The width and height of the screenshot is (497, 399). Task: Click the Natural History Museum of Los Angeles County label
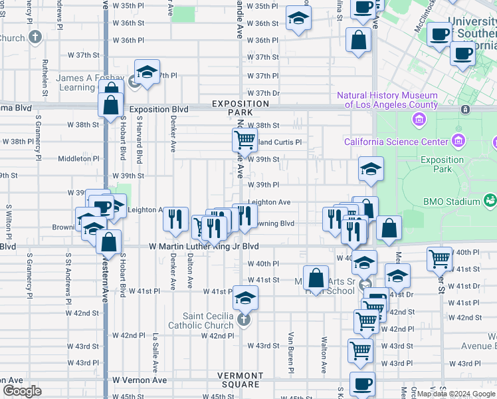387,100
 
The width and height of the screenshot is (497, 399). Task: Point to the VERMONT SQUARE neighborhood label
241,380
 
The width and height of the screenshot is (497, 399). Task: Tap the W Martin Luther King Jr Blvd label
203,246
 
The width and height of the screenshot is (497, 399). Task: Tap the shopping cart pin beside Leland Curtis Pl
245,140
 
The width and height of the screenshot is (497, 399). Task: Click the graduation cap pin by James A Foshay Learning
147,72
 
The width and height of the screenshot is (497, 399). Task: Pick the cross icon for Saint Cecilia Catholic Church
243,321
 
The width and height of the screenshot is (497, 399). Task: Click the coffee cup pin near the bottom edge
362,384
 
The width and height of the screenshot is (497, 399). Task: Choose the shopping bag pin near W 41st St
317,277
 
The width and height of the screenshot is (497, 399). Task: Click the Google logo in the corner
22,391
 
